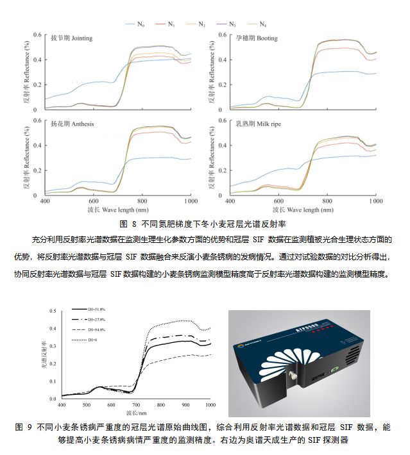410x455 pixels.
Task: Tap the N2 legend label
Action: [200, 24]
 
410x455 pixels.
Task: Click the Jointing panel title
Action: [71, 38]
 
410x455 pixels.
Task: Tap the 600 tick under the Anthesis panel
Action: [94, 201]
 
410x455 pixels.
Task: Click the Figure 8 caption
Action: [203, 224]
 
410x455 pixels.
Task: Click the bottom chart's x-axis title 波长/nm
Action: [135, 414]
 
